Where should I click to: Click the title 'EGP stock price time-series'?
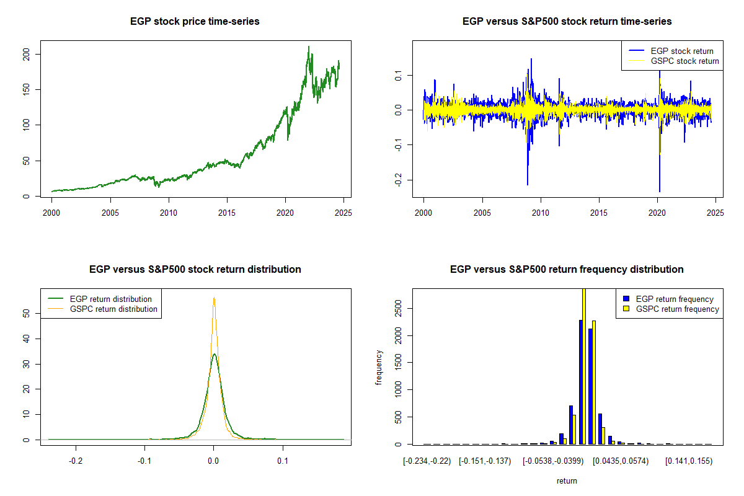pyautogui.click(x=195, y=22)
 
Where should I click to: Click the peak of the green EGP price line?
pyautogui.click(x=309, y=46)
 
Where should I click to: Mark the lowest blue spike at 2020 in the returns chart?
pyautogui.click(x=660, y=191)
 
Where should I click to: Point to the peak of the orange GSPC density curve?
pyautogui.click(x=214, y=298)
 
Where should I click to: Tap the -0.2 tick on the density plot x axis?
pyautogui.click(x=76, y=461)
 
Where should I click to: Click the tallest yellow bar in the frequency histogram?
pyautogui.click(x=583, y=366)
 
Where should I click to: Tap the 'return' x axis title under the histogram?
pyautogui.click(x=567, y=480)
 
